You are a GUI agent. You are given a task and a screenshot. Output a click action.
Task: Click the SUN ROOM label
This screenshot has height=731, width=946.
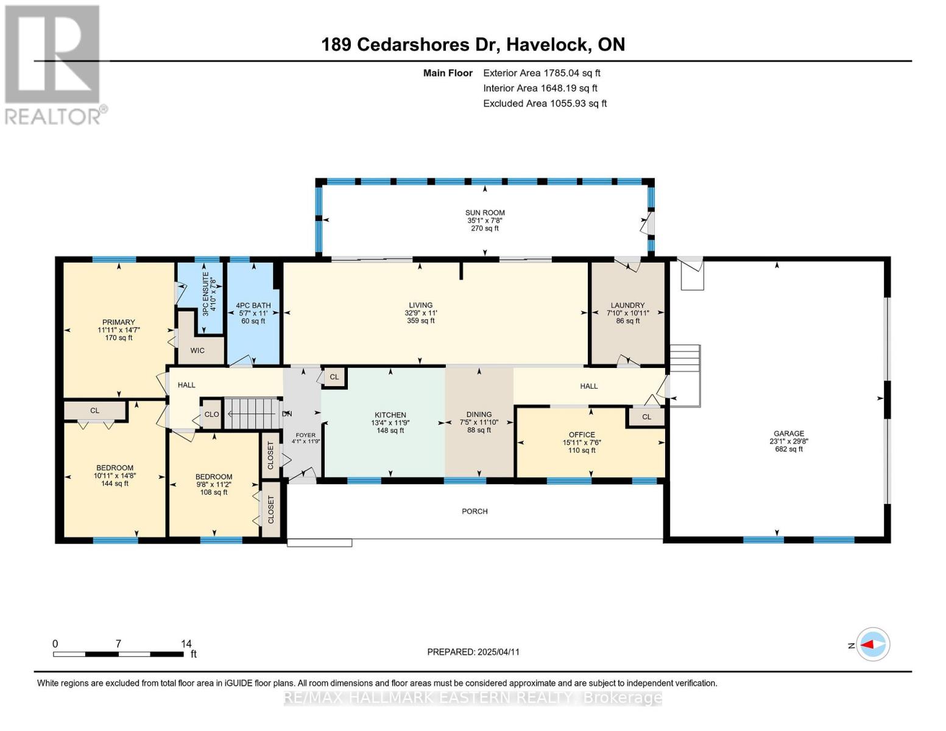tap(484, 213)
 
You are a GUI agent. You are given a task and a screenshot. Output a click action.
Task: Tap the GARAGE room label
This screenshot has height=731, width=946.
tap(788, 433)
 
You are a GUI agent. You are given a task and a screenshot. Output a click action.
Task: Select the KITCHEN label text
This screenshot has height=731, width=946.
tap(390, 415)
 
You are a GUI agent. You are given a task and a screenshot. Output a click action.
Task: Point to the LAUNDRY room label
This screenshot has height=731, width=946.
tap(627, 305)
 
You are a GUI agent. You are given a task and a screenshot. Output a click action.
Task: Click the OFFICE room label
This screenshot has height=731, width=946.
tap(582, 434)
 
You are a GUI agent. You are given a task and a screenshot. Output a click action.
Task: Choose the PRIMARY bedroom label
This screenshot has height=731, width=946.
tap(118, 322)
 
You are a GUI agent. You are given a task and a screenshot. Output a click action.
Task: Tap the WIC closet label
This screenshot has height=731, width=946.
tap(197, 350)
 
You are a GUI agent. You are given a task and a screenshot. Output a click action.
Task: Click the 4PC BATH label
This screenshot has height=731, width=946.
tap(253, 306)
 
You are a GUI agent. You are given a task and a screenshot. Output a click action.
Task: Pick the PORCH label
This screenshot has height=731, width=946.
tap(475, 511)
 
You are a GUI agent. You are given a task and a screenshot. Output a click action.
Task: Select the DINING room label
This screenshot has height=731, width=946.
tap(479, 414)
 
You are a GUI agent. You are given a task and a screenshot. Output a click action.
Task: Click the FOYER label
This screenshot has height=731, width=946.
tap(305, 435)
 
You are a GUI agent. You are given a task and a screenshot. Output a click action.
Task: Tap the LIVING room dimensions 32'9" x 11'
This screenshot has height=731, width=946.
tap(420, 313)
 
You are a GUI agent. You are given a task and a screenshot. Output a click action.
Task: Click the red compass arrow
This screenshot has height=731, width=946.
tap(868, 644)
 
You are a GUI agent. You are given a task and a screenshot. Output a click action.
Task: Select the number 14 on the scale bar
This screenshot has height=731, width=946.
tap(186, 643)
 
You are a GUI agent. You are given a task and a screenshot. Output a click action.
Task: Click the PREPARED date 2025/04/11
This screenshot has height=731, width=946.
tap(499, 652)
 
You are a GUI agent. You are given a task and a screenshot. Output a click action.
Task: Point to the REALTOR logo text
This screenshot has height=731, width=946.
tap(53, 116)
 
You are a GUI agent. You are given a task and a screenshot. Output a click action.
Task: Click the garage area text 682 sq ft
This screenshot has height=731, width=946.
tap(788, 449)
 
